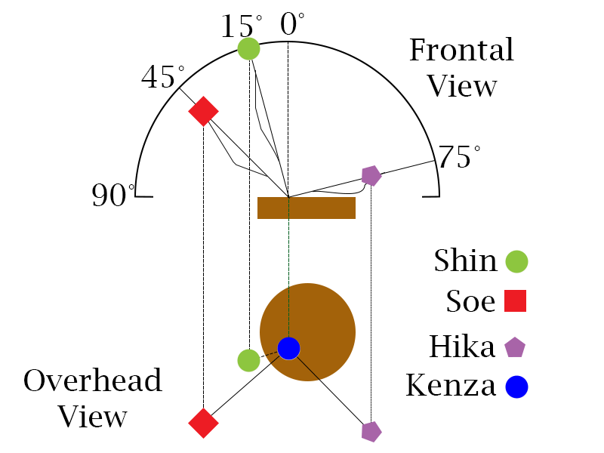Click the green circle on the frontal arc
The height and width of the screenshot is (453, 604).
[248, 49]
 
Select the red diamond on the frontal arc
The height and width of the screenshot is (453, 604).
[203, 111]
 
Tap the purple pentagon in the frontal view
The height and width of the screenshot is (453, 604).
[371, 175]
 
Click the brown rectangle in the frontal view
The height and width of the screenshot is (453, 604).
[307, 208]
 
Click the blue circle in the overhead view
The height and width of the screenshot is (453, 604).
[288, 348]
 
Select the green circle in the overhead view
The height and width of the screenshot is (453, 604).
[248, 360]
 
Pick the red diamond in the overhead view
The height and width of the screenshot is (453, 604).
[203, 423]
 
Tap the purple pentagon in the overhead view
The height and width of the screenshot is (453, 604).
[371, 431]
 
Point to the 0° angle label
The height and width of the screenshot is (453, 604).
[292, 24]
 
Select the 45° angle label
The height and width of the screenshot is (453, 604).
[162, 77]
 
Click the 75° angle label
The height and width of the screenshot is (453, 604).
[459, 158]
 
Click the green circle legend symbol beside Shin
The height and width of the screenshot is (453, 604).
[516, 262]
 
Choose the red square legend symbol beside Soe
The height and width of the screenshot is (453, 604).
[515, 301]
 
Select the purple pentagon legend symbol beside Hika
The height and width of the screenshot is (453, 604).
[515, 347]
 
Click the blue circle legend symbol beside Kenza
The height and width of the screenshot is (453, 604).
[516, 387]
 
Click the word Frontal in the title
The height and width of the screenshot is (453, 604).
[461, 51]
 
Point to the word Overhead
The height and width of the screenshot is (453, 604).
[93, 380]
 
